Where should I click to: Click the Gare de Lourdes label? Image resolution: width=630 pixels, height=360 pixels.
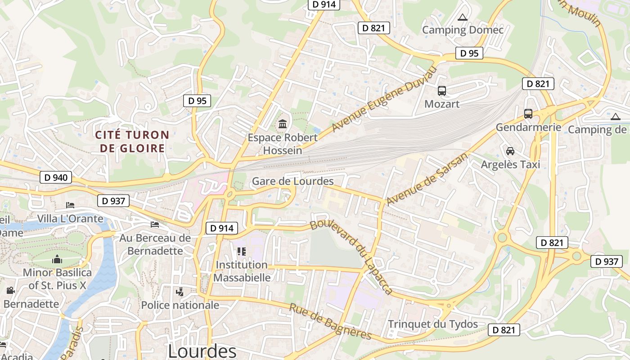pyautogui.click(x=292, y=181)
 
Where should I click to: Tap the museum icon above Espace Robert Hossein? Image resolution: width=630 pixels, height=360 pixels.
pyautogui.click(x=283, y=124)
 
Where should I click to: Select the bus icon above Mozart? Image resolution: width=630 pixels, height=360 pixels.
pyautogui.click(x=442, y=91)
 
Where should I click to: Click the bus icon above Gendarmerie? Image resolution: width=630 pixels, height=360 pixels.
pyautogui.click(x=528, y=114)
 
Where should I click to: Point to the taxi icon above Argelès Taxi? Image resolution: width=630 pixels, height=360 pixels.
pyautogui.click(x=510, y=151)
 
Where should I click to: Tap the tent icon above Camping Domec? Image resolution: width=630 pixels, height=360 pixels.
pyautogui.click(x=462, y=18)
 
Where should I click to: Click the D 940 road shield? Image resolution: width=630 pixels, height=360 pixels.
pyautogui.click(x=56, y=178)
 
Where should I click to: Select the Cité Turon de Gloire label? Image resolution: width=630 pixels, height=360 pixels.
pyautogui.click(x=132, y=141)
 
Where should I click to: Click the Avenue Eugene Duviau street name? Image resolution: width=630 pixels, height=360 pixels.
pyautogui.click(x=385, y=99)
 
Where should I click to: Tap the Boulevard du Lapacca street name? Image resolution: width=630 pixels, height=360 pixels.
pyautogui.click(x=351, y=257)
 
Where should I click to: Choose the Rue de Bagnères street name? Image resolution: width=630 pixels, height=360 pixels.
pyautogui.click(x=330, y=322)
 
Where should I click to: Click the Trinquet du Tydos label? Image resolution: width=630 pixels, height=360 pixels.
pyautogui.click(x=433, y=324)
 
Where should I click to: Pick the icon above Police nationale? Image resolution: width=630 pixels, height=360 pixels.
pyautogui.click(x=180, y=292)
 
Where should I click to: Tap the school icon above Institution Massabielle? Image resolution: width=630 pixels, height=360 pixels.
pyautogui.click(x=242, y=252)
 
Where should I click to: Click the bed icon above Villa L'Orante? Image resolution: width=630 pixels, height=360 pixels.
pyautogui.click(x=70, y=205)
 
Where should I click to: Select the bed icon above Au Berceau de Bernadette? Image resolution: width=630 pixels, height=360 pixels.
pyautogui.click(x=155, y=224)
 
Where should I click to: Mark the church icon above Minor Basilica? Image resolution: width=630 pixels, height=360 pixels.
pyautogui.click(x=57, y=259)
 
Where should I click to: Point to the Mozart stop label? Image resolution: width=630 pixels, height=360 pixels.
pyautogui.click(x=442, y=104)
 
